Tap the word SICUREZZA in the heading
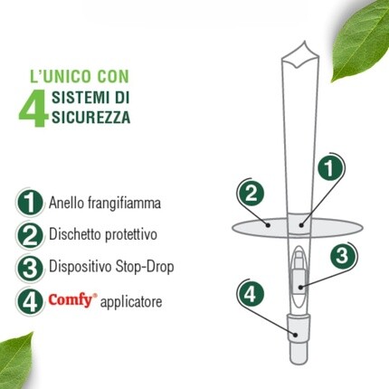[x=90, y=117]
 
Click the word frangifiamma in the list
[x=124, y=203]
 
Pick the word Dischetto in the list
[x=75, y=234]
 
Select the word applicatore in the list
[x=131, y=302]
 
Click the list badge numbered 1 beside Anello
[x=30, y=203]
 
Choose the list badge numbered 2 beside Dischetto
[x=30, y=235]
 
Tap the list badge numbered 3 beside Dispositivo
[x=30, y=268]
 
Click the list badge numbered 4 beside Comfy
[x=30, y=301]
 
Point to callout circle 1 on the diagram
[x=329, y=167]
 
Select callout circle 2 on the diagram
[x=251, y=194]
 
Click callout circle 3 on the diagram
[x=342, y=257]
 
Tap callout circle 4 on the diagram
[x=251, y=293]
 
